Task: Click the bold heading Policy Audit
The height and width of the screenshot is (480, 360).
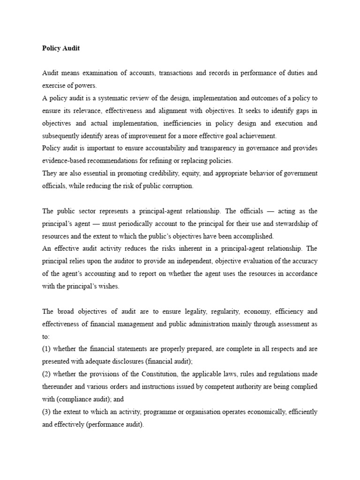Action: click(x=60, y=48)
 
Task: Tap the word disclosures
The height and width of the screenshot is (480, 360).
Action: click(x=133, y=361)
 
